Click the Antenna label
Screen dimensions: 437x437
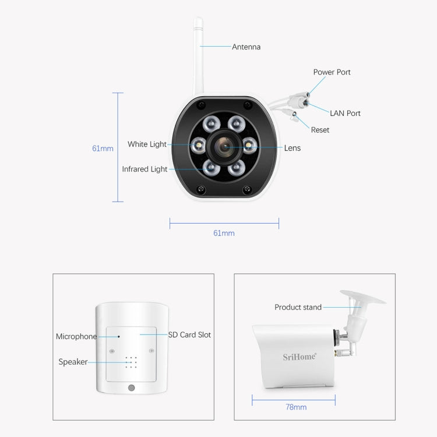[x=246, y=47]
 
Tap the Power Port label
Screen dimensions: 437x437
[x=332, y=72]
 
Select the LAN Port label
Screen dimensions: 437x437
[x=345, y=113]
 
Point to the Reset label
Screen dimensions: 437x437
[x=320, y=130]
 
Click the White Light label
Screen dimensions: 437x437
[x=147, y=144]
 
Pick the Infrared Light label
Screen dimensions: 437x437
[x=145, y=169]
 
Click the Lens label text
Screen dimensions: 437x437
[x=292, y=148]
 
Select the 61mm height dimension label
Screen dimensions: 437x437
[x=103, y=148]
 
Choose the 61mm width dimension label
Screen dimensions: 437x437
[x=224, y=233]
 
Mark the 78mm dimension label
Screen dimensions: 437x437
[x=295, y=407]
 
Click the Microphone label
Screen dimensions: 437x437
[x=76, y=336]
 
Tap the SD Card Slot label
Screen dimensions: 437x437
[x=189, y=335]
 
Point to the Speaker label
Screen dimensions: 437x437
[x=73, y=362]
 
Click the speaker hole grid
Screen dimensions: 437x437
[x=131, y=362]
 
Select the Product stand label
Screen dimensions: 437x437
[x=298, y=307]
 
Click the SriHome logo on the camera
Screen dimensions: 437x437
[x=299, y=356]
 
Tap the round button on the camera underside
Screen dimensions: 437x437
[x=131, y=388]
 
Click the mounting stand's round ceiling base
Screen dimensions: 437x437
[x=362, y=298]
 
